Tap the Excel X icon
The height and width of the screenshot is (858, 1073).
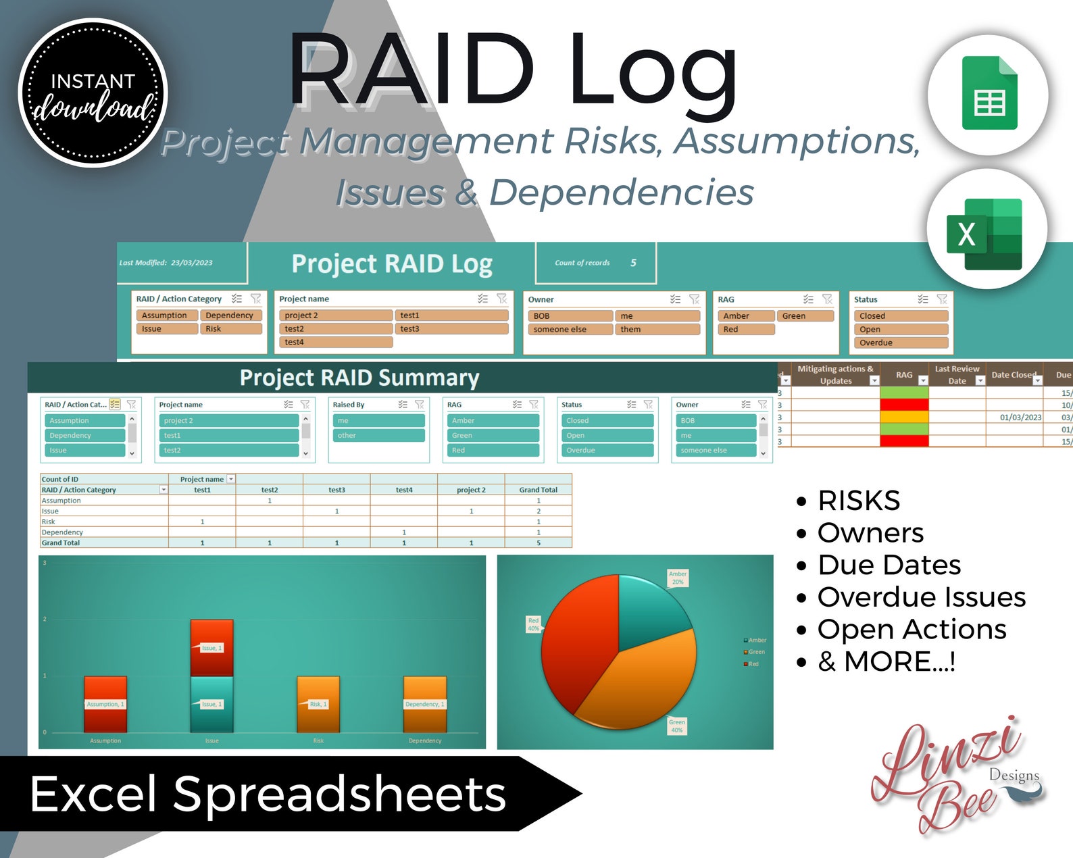pos(985,234)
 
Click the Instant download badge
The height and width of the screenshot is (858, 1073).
pos(93,93)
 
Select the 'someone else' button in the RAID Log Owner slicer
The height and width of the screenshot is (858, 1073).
pos(570,330)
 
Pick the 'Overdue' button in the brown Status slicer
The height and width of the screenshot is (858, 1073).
pos(901,343)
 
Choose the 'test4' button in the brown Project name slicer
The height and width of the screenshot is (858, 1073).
pos(335,343)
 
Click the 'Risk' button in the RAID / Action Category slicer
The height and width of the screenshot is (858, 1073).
pos(230,329)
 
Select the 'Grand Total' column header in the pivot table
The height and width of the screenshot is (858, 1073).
pos(538,490)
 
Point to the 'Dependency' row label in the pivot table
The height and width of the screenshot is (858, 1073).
pos(62,532)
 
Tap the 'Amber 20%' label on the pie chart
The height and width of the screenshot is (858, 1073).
pos(678,578)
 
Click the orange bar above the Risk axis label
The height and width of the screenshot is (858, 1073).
pos(318,704)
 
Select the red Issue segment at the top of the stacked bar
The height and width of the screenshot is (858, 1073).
pos(211,647)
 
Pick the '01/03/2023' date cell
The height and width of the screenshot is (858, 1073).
pos(1020,418)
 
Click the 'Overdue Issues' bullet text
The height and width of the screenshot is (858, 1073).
pos(921,597)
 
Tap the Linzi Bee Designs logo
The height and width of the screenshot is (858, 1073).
pos(954,777)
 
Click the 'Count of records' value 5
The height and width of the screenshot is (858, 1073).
pos(633,263)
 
